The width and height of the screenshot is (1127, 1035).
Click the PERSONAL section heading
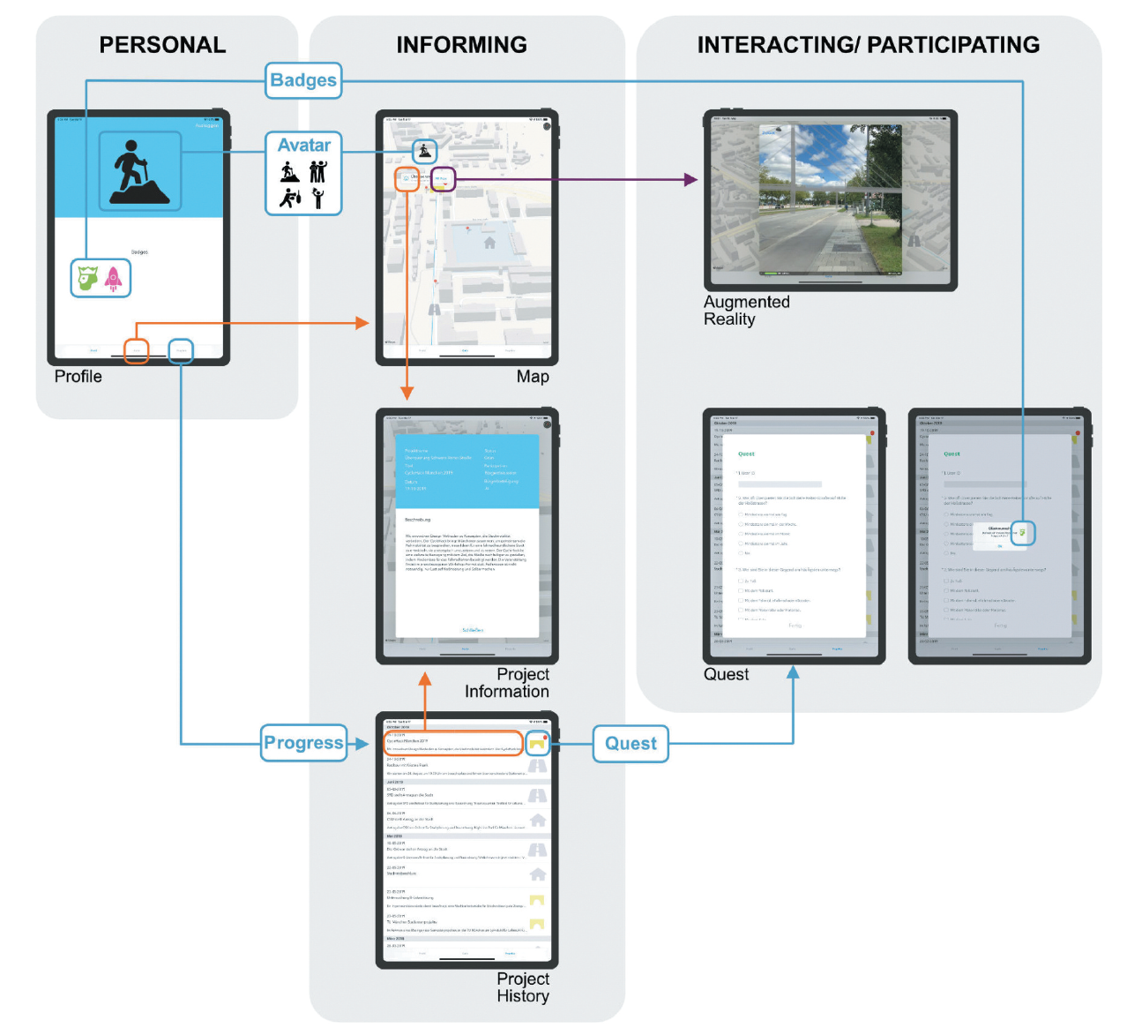tap(162, 45)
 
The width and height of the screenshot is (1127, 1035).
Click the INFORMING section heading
tap(461, 45)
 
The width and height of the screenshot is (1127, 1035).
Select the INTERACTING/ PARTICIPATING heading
tap(868, 45)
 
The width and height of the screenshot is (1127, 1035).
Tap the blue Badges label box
tap(303, 80)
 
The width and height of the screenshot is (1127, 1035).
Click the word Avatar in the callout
tap(304, 146)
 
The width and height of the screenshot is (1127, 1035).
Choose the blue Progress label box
tap(303, 743)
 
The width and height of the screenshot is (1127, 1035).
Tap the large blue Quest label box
tap(631, 744)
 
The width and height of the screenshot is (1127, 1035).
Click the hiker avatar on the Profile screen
tap(139, 171)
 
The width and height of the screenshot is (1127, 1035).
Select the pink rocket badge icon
tap(114, 279)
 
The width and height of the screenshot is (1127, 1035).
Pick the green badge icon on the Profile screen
tap(86, 279)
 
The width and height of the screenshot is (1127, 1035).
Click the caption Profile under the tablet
tap(78, 377)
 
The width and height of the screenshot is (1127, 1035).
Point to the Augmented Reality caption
tap(746, 311)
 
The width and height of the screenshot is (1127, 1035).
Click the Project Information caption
tap(508, 683)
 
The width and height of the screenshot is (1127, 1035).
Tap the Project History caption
tap(523, 987)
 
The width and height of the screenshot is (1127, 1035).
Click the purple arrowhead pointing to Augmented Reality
tap(690, 180)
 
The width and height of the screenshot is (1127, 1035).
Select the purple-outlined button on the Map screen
tap(442, 179)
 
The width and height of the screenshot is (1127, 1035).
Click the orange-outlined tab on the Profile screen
tap(137, 350)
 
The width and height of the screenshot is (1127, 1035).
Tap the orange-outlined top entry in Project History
tap(454, 743)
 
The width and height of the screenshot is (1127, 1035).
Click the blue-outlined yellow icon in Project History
tap(537, 743)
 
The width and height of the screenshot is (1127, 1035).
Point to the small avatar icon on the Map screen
tap(426, 151)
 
